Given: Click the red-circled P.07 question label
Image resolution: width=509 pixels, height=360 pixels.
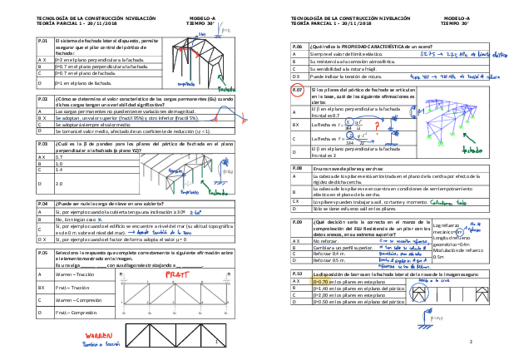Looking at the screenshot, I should point(299,91).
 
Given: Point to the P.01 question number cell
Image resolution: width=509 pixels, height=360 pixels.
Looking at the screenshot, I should point(43,41).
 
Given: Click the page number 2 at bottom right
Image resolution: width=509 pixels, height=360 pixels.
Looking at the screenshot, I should point(471,341).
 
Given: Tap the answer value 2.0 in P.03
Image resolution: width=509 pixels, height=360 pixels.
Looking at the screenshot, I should point(58,184).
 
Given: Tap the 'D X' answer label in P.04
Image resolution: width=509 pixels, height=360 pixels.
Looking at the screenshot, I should point(43,239).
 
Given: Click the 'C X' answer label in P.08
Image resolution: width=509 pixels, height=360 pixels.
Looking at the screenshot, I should point(297,202).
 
